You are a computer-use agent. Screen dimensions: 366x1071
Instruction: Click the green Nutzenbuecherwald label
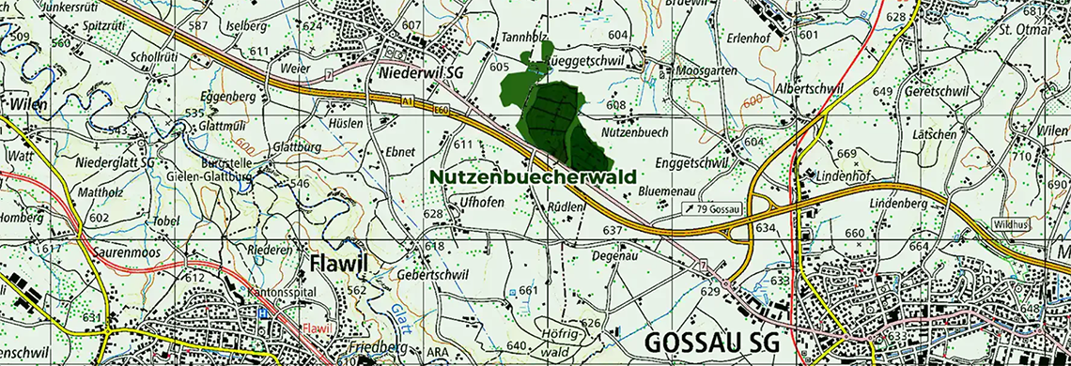tap(533, 175)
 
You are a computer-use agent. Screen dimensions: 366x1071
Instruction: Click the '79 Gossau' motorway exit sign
tap(711, 208)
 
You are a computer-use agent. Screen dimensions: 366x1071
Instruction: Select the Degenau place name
tap(616, 254)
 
